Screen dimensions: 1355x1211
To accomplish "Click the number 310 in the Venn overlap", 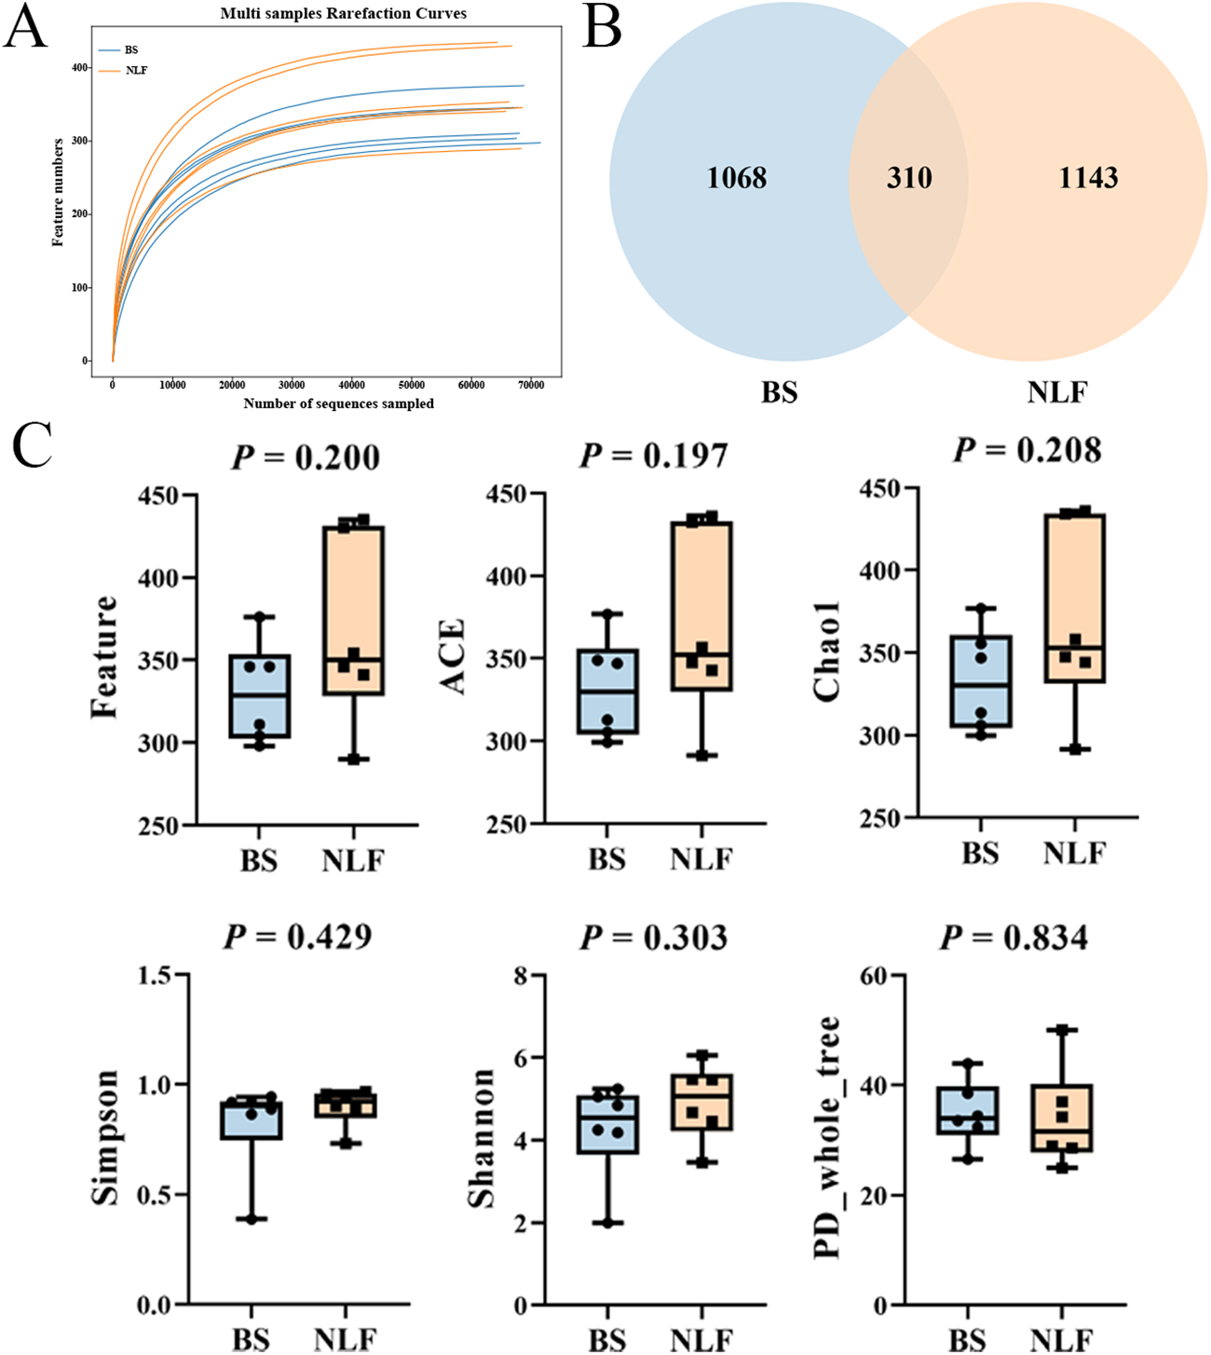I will click(x=908, y=177).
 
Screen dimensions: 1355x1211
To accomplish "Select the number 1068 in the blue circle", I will click(x=736, y=177).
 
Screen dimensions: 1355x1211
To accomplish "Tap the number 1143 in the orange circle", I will click(x=1088, y=177).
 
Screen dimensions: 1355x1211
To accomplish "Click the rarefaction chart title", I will click(x=343, y=14).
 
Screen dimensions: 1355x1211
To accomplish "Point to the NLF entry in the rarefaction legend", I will click(x=136, y=71).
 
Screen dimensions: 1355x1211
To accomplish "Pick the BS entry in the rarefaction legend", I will click(x=131, y=50).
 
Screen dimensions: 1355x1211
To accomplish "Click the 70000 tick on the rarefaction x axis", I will click(x=531, y=385).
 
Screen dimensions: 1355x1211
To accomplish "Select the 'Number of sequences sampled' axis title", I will click(x=338, y=404).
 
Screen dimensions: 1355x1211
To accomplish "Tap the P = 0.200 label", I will click(x=306, y=458).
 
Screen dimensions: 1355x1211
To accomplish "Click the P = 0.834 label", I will click(x=1014, y=938).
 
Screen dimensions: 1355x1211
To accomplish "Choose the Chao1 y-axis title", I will click(x=827, y=650).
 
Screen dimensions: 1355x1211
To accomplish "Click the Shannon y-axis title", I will click(x=482, y=1138).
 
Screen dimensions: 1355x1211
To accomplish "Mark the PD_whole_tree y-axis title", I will click(x=827, y=1138).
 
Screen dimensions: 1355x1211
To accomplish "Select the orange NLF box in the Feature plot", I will click(x=353, y=610).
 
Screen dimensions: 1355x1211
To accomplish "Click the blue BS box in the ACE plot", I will click(x=607, y=691).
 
